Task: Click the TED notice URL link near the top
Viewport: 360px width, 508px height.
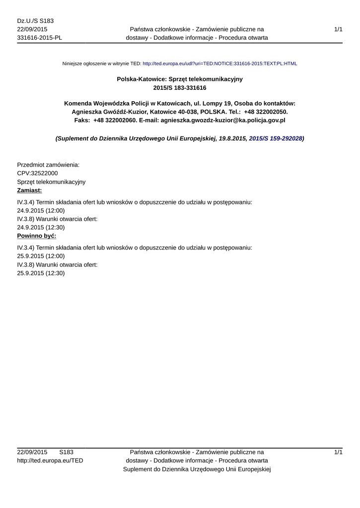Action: click(219, 64)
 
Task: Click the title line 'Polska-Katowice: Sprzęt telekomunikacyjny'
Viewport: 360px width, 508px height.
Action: click(180, 79)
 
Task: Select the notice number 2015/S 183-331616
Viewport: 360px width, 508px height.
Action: click(180, 88)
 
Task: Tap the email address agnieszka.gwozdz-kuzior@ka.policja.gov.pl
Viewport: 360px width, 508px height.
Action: click(223, 120)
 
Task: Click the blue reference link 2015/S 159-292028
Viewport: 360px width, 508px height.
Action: click(275, 139)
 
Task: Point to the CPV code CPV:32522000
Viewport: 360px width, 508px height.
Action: click(37, 173)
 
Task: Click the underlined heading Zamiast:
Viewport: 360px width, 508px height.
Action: click(29, 190)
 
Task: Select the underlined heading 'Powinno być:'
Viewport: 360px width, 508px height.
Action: click(36, 236)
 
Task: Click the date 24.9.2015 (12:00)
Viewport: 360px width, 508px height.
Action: click(41, 210)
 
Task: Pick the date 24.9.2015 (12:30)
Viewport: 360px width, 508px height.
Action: click(41, 227)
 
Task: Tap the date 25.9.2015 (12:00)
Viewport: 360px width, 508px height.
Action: click(41, 256)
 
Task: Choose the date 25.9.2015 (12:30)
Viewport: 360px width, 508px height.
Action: click(41, 273)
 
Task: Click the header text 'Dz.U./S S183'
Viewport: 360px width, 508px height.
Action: click(35, 21)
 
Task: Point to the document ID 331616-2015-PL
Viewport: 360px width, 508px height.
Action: click(39, 38)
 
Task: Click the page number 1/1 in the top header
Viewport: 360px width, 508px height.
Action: click(338, 30)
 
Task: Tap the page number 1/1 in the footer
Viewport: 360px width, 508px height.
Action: click(338, 452)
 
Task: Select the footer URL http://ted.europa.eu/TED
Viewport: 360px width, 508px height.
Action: click(50, 460)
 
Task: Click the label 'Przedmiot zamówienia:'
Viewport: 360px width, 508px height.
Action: click(48, 165)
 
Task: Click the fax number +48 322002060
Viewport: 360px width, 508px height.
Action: click(115, 120)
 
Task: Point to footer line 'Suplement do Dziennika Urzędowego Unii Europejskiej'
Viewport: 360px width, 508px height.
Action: click(196, 469)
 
